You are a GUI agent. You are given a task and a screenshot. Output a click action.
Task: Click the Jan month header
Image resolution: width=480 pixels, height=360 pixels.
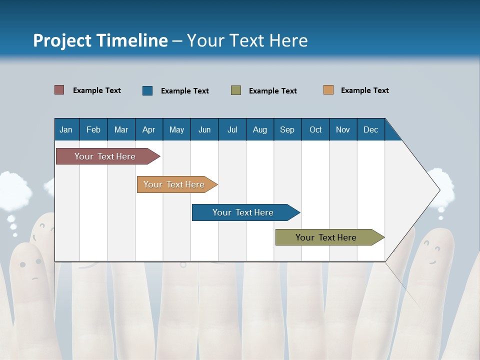(66, 129)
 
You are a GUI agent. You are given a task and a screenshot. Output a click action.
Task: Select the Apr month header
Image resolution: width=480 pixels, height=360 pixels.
(149, 129)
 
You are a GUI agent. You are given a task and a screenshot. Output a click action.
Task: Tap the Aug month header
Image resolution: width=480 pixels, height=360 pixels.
(259, 129)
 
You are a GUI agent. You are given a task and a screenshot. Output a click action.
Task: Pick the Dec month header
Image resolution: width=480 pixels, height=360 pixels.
(370, 129)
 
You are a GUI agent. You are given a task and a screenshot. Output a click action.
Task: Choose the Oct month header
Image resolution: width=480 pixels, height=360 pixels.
(315, 129)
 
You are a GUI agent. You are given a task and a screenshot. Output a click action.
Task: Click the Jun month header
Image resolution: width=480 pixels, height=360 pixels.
(204, 129)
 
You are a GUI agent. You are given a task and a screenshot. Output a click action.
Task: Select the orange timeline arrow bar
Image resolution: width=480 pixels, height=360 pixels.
(175, 184)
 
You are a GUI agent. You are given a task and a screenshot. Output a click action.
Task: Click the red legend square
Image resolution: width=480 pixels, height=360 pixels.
(59, 90)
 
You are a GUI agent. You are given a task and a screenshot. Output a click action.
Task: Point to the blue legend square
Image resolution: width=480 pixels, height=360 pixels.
(147, 90)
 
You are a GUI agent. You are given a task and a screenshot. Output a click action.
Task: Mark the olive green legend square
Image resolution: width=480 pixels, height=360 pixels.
(236, 90)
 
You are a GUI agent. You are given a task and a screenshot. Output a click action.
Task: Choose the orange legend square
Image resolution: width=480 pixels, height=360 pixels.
(328, 90)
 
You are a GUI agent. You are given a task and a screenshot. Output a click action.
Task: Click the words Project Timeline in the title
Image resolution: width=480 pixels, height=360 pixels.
(100, 40)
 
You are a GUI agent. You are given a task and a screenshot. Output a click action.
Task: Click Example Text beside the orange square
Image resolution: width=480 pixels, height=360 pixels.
(364, 90)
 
